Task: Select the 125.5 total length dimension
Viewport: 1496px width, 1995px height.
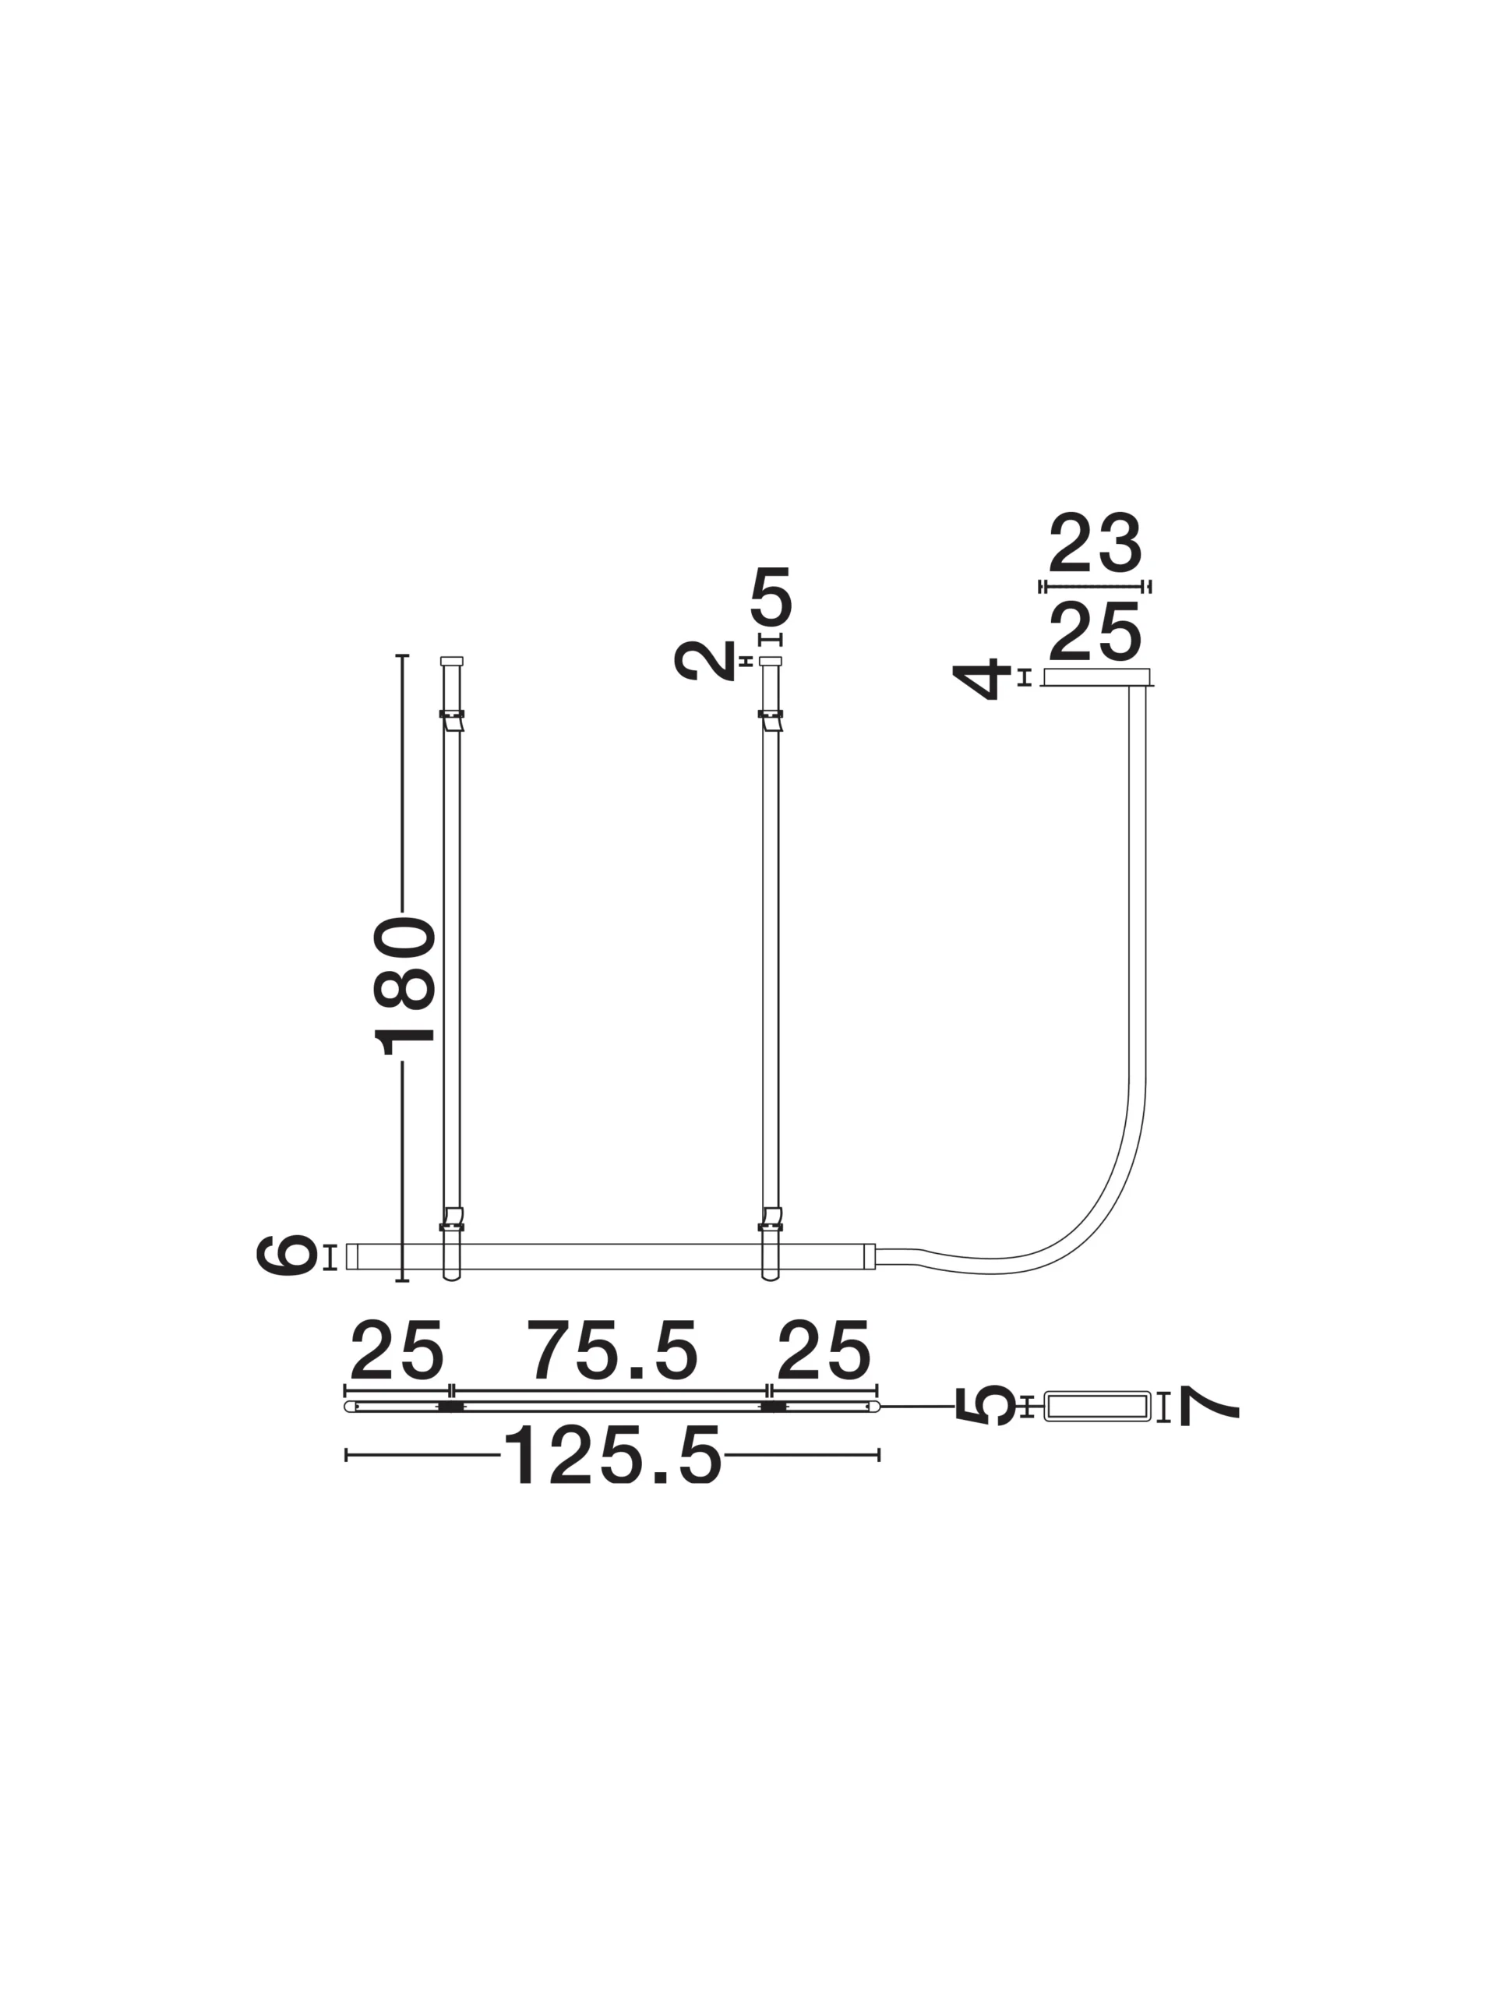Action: [x=612, y=1455]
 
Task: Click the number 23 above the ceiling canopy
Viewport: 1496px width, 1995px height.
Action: [x=1095, y=542]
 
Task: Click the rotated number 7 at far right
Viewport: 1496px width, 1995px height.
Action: [x=1209, y=1406]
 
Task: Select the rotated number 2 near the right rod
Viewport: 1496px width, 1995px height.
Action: [x=704, y=661]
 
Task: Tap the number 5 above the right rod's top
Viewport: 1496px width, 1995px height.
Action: [x=771, y=596]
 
